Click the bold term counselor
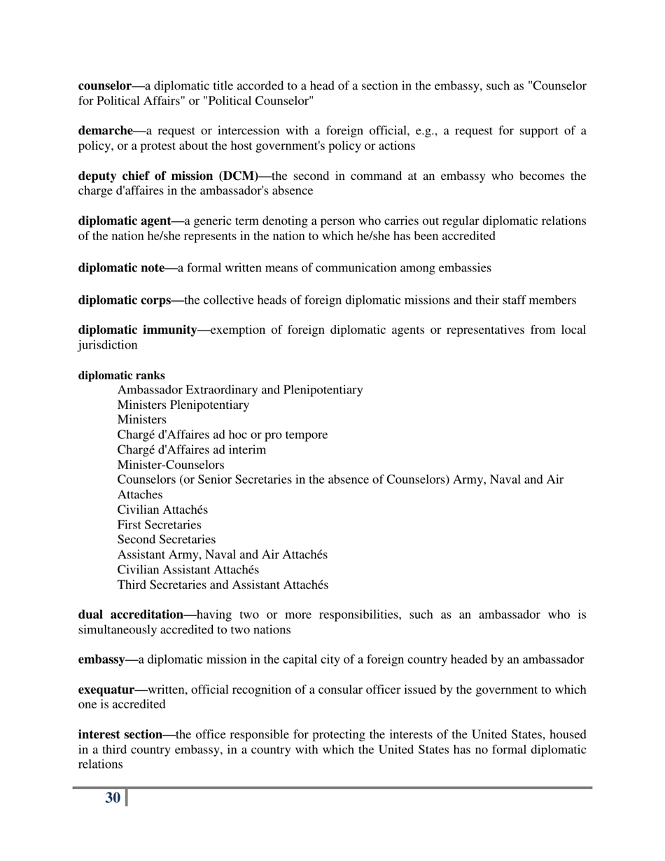[x=104, y=86]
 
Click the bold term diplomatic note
[x=121, y=267]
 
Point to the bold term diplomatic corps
[x=124, y=300]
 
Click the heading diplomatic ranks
[x=121, y=376]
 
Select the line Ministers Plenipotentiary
[x=183, y=405]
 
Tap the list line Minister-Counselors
[x=170, y=465]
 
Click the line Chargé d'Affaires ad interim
[x=191, y=450]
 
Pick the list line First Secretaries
[x=159, y=525]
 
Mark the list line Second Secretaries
[x=166, y=540]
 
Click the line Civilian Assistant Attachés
[x=188, y=570]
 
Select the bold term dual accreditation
[x=130, y=615]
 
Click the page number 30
[x=113, y=798]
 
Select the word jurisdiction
[x=108, y=346]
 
